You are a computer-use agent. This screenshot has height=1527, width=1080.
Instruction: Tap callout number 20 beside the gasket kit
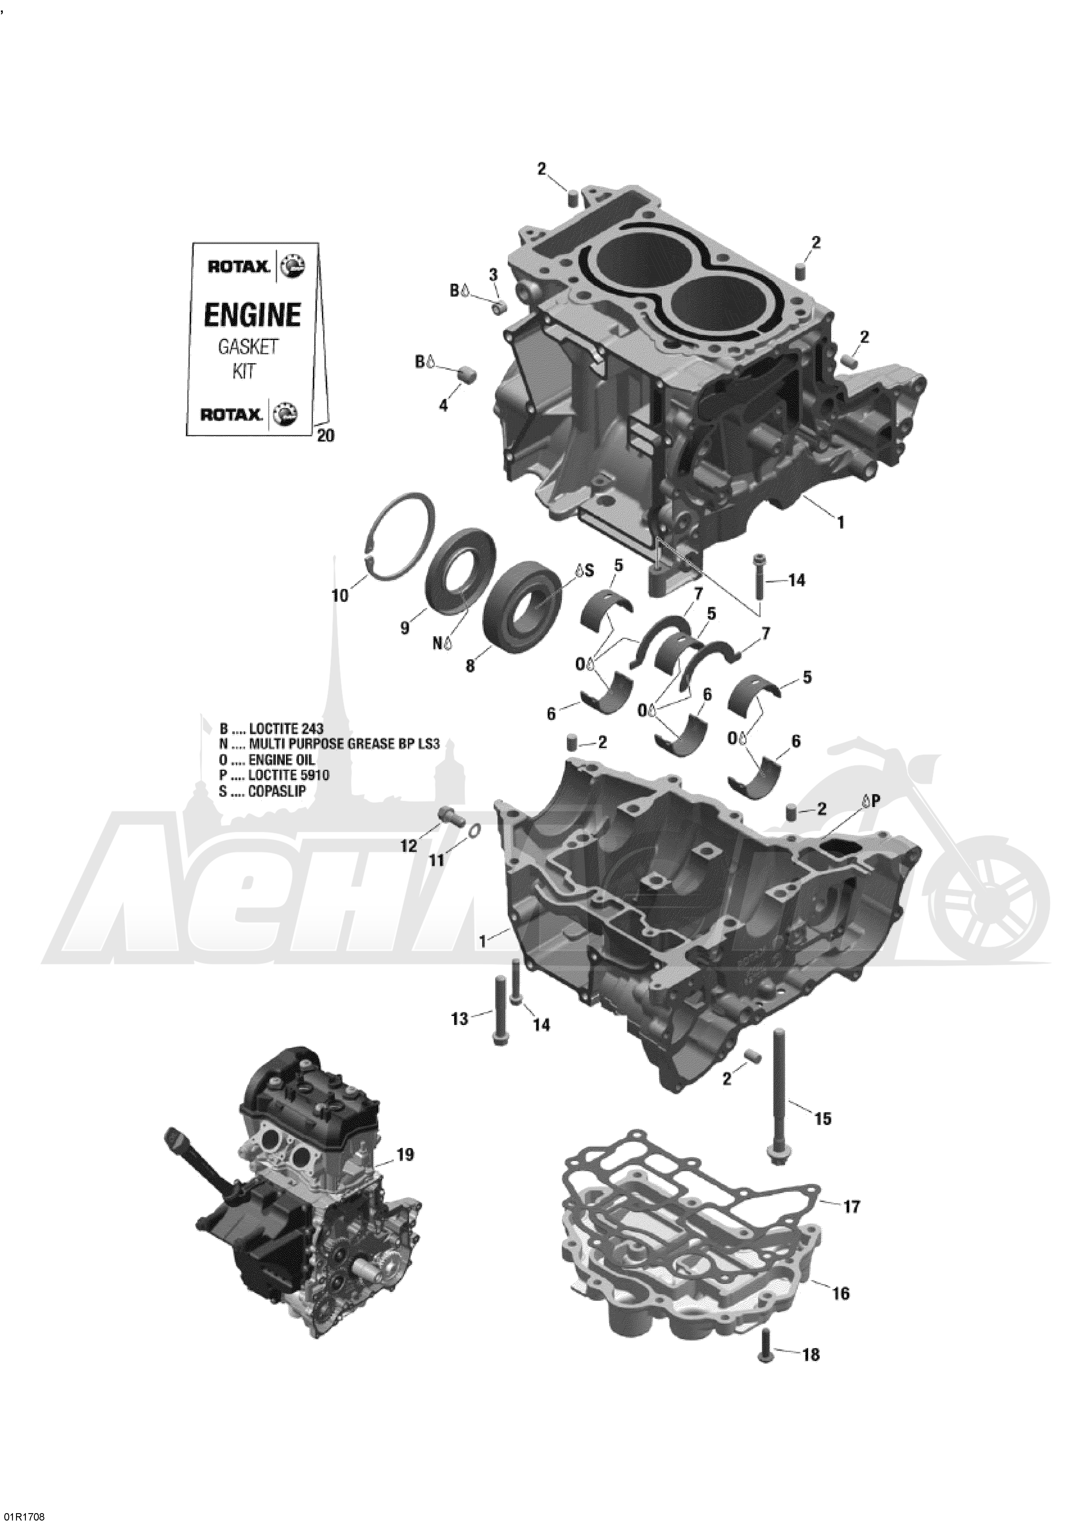click(327, 436)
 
